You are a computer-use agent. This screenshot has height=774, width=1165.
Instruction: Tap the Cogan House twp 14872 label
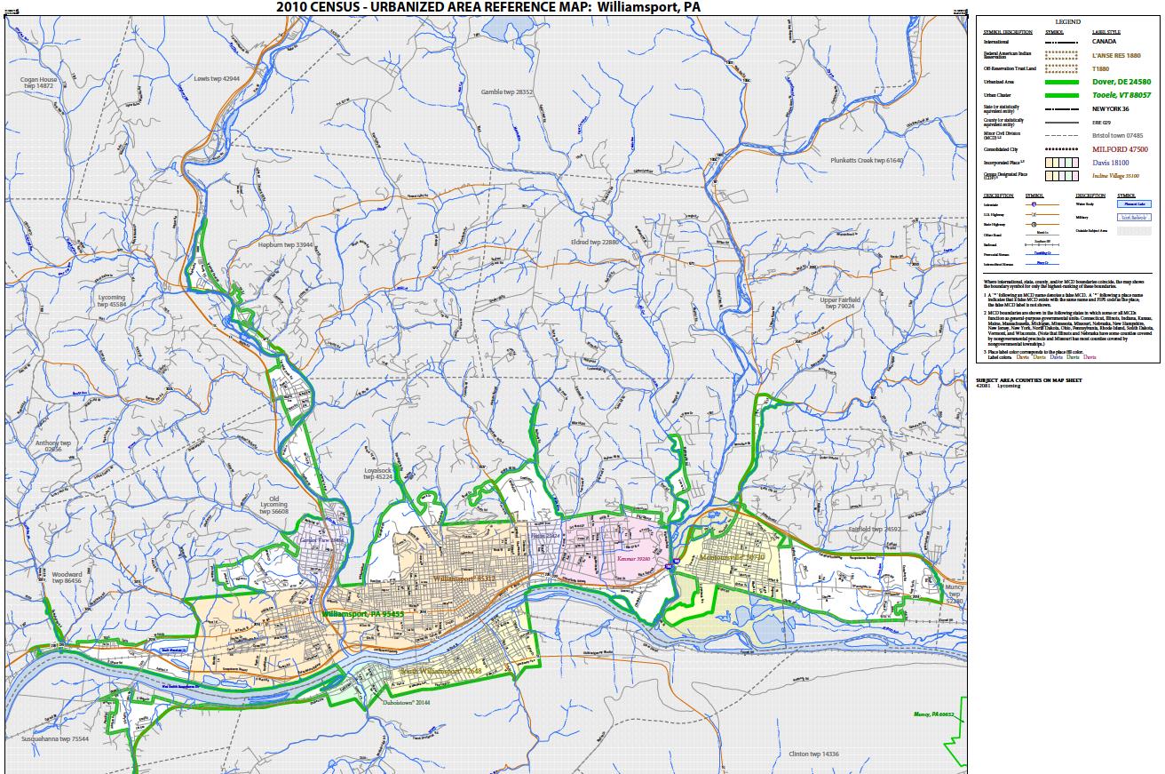coord(38,83)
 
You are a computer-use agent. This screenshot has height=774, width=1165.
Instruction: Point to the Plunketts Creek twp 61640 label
coord(866,161)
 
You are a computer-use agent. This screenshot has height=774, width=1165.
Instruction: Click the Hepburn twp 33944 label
coord(286,244)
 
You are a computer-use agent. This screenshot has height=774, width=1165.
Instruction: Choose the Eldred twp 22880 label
coord(595,242)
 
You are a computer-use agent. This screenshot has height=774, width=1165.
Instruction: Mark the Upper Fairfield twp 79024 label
coord(839,304)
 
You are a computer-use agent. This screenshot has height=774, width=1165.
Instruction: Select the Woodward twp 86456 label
coord(66,578)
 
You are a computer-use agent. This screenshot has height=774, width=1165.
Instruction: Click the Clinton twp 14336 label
coord(813,754)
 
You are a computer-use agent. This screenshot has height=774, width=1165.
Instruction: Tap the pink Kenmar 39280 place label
coord(634,560)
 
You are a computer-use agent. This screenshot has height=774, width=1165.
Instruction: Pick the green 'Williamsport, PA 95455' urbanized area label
coord(362,614)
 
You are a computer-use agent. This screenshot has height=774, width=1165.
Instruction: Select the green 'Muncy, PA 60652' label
coord(933,714)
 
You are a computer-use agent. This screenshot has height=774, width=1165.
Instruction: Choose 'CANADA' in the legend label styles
coord(1104,41)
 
